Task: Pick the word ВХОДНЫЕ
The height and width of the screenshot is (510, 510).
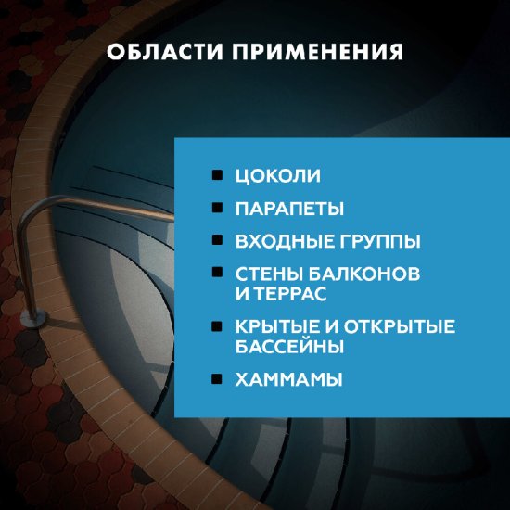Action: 283,241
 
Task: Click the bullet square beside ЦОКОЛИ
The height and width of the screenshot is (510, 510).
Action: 216,174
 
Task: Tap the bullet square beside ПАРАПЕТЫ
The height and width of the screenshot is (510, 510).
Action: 216,207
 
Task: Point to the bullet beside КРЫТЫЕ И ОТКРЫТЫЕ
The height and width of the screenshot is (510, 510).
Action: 216,325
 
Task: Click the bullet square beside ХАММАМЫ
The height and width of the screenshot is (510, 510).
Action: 216,378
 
